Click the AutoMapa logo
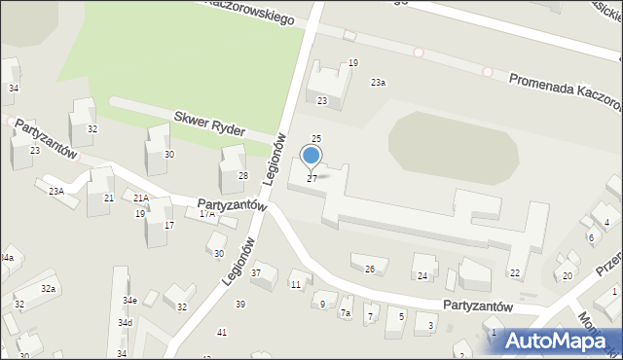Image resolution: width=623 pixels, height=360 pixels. [x=563, y=341]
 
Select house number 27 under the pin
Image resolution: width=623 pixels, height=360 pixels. [x=311, y=179]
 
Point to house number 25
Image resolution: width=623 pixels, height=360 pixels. [x=316, y=140]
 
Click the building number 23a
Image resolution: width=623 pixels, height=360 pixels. [x=378, y=83]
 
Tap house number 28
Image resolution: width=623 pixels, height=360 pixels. [x=243, y=176]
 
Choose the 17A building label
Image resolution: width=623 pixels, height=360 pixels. [x=206, y=213]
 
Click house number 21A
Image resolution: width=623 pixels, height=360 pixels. [x=141, y=198]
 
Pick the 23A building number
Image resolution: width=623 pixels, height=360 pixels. [x=56, y=192]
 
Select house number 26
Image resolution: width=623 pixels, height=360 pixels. [x=369, y=269]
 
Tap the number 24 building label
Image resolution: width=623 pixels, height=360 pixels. [x=422, y=276]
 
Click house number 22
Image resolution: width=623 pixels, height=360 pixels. [x=515, y=273]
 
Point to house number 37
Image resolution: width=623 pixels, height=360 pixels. [x=256, y=272]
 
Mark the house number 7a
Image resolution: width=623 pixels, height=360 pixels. [x=345, y=313]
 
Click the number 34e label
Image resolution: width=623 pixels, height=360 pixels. [x=129, y=301]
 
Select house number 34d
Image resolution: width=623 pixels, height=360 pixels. [x=126, y=323]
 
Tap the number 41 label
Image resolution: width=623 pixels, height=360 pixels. [x=222, y=333]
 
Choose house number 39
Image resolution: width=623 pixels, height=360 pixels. [x=239, y=305]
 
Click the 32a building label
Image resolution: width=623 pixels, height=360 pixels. [x=48, y=289]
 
